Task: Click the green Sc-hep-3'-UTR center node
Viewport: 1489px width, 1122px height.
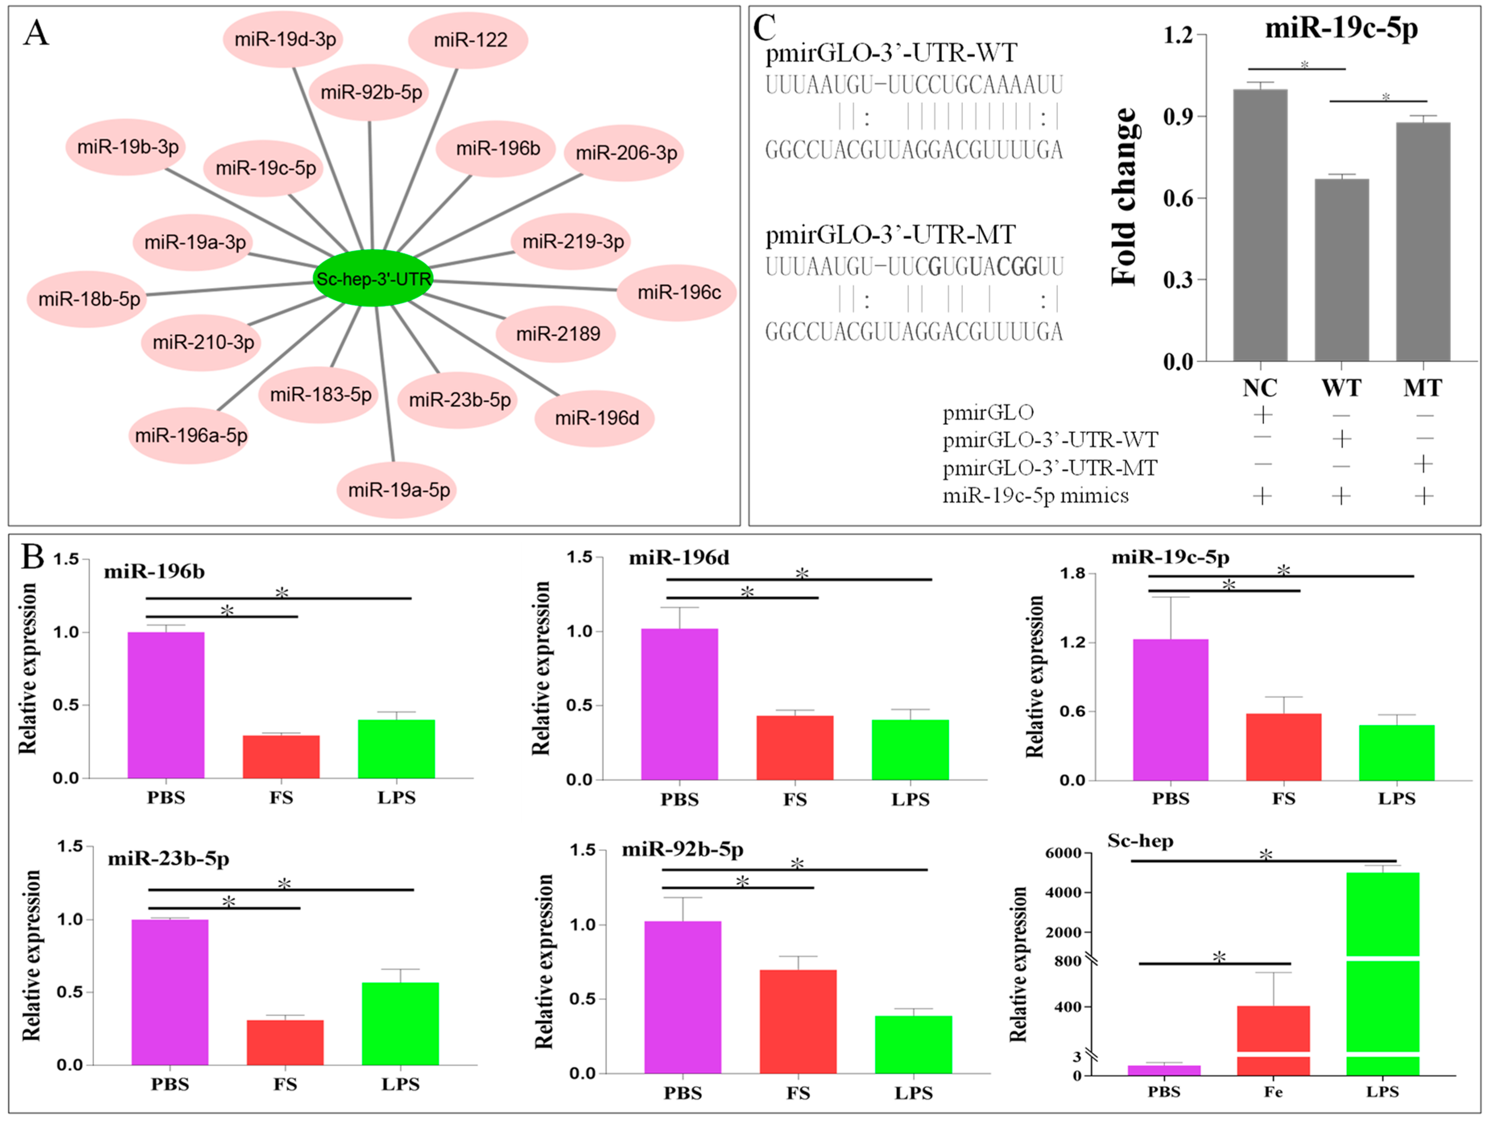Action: coord(373,278)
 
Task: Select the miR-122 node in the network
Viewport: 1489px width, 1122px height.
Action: coord(469,40)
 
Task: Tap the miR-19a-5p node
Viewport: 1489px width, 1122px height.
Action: coord(398,490)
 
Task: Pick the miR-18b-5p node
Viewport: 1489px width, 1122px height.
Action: coord(88,299)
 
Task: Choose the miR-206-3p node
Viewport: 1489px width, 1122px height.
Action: coord(626,153)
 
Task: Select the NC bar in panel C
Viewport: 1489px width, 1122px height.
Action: coord(1260,226)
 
